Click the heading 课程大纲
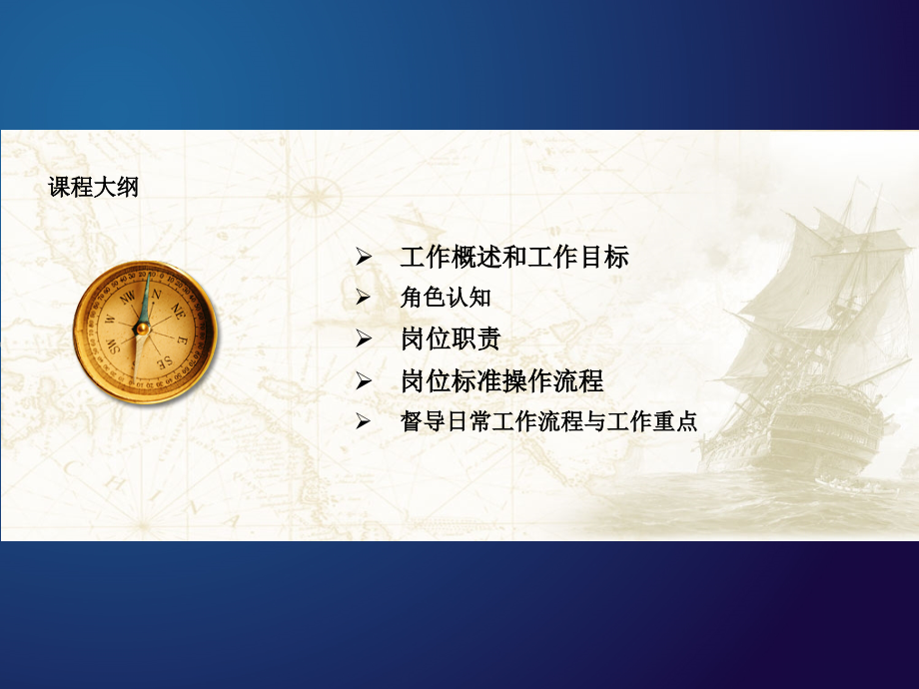click(94, 187)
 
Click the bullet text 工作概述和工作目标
click(513, 258)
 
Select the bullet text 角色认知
click(445, 298)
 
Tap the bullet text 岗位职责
click(450, 340)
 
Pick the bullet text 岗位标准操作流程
click(501, 381)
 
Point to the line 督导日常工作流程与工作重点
click(547, 422)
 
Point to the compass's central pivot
click(143, 327)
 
